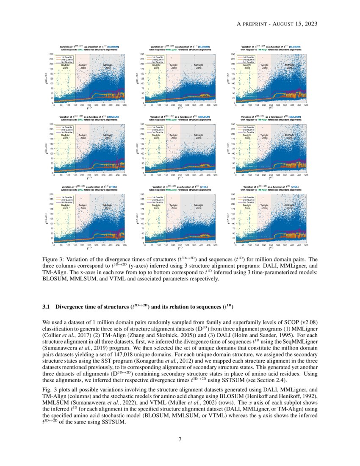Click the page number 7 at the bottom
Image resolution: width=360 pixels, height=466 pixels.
point(180,439)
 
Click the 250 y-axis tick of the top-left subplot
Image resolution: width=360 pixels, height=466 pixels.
point(52,55)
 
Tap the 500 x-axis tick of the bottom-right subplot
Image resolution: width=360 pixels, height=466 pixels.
point(306,245)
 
